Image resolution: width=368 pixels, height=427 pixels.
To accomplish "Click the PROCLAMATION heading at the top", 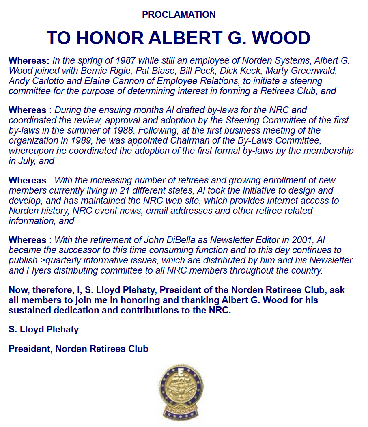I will point(179,15).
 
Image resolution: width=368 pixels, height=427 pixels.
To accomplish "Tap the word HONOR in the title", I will point(110,38).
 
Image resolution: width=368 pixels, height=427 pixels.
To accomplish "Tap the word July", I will point(26,161).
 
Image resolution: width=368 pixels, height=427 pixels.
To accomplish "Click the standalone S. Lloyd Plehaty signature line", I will point(43,329).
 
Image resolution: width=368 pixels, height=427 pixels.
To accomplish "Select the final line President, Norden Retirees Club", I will point(78,349).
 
